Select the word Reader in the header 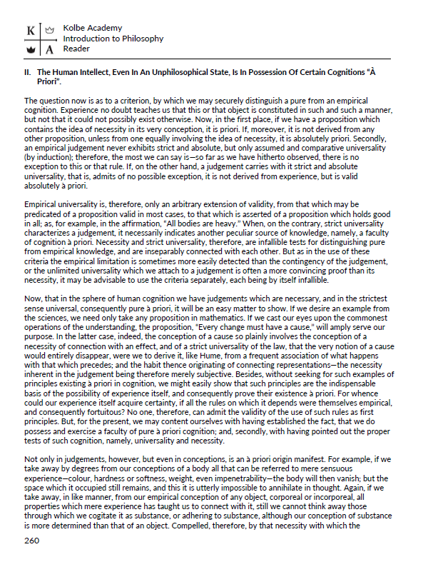(x=76, y=49)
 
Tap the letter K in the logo (x=30, y=31)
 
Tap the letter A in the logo (x=50, y=50)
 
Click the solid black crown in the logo (x=30, y=50)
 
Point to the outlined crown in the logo (x=50, y=31)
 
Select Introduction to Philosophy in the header (x=113, y=39)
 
